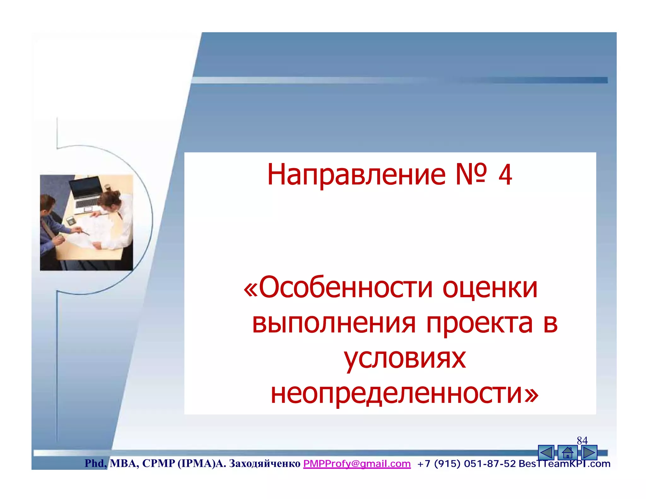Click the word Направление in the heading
coord(356,175)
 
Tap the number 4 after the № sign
coord(505,175)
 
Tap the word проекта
coord(479,324)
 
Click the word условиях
coord(405,359)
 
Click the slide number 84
coord(582,440)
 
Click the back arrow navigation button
coord(546,453)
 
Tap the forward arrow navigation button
coord(589,453)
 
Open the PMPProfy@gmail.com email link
coord(357,464)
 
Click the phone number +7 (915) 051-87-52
coord(466,464)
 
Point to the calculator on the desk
coord(70,220)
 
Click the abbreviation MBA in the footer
coord(124,463)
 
